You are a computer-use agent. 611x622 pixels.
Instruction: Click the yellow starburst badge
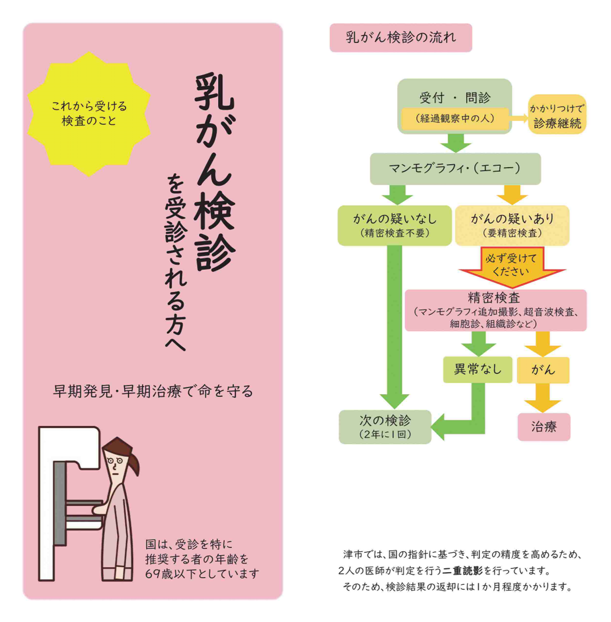point(89,114)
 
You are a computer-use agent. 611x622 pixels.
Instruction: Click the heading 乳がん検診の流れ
point(401,38)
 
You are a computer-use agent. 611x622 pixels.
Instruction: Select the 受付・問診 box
point(454,106)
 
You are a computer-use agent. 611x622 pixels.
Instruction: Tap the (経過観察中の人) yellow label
point(455,119)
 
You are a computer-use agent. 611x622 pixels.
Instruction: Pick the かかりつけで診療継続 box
point(557,114)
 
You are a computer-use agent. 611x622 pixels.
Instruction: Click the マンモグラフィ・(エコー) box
point(455,169)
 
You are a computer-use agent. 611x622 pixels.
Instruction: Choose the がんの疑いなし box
point(395,226)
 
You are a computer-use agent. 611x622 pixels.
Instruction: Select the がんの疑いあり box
point(512,226)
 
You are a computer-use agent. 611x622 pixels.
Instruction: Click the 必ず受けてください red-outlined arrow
point(512,266)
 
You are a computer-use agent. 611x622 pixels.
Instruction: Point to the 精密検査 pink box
point(495,310)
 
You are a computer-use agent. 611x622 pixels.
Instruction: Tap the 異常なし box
point(478,370)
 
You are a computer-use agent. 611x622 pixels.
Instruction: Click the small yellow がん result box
point(543,370)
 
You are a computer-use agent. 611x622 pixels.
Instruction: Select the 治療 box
point(544,427)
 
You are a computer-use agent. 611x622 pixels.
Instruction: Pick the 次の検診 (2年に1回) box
point(385,427)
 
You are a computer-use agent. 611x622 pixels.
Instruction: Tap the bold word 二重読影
point(463,571)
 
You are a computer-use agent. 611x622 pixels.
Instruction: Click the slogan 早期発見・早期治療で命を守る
point(153,391)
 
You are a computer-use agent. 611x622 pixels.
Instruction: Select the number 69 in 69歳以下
point(152,574)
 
